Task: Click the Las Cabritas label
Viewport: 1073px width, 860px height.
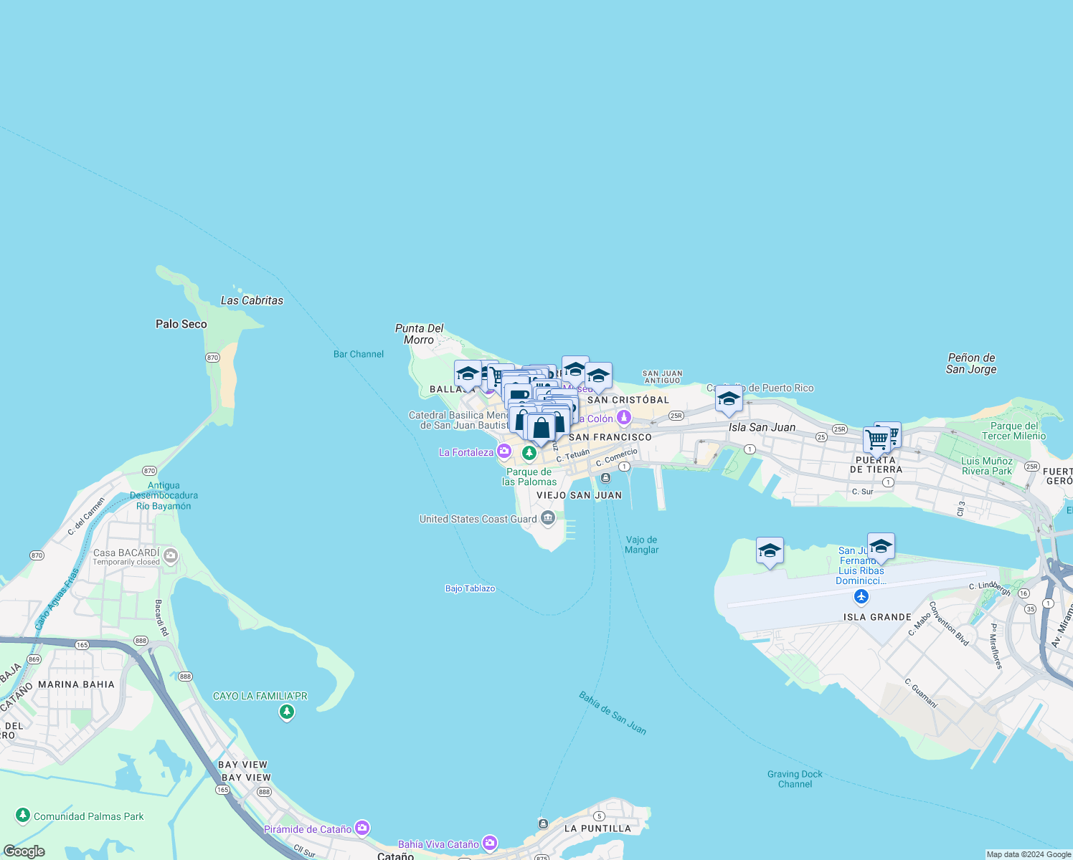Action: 252,301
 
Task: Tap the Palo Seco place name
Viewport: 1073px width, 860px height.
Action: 181,324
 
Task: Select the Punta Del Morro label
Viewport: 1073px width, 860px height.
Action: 420,334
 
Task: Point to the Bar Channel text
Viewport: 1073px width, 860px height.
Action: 359,354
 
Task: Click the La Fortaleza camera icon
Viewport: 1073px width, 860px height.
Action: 504,451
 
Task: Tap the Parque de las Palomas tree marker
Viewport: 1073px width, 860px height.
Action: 529,453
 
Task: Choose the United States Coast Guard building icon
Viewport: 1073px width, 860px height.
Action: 548,518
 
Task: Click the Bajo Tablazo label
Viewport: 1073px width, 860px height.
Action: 470,588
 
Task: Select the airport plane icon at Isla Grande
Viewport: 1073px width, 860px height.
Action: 861,596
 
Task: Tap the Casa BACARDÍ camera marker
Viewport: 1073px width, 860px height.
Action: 171,555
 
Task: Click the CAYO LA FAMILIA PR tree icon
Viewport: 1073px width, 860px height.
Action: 287,712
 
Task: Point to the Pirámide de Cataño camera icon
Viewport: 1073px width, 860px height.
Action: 362,828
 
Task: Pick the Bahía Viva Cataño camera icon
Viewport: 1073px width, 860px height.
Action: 490,843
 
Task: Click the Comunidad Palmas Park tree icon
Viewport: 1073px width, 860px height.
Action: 23,816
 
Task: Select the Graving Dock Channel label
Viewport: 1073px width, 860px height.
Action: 795,779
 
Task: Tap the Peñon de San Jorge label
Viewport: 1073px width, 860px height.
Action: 971,363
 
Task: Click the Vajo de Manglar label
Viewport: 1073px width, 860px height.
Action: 642,545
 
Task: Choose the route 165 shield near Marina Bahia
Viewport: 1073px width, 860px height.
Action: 82,645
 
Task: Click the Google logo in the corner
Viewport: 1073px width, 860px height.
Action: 24,851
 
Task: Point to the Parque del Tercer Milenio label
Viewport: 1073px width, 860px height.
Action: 1013,431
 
